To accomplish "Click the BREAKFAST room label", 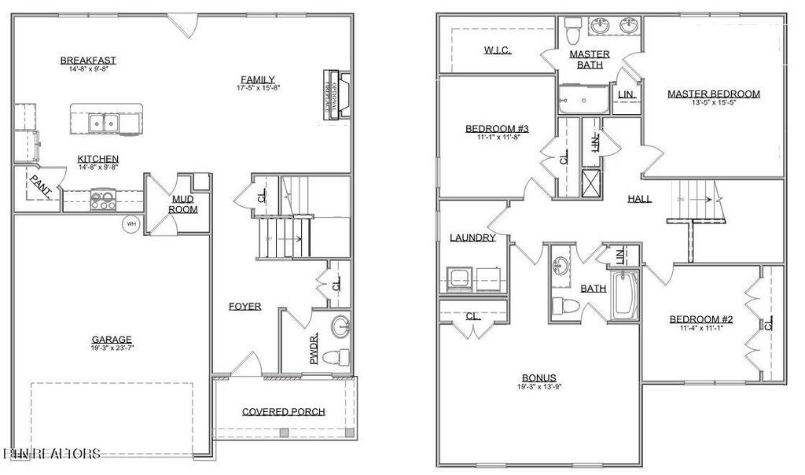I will point(88,60).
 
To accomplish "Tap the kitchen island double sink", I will point(104,123).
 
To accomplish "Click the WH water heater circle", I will point(130,224).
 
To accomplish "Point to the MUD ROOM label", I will point(183,204).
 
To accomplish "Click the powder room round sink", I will point(340,325).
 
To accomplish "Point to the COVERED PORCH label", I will point(283,411).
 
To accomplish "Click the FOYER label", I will point(245,306).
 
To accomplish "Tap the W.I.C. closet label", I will point(497,50).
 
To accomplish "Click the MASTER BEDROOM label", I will point(713,94).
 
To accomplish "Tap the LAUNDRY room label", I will point(472,237).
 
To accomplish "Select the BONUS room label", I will point(539,377).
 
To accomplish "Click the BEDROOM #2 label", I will point(700,319).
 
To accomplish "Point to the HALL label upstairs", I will point(639,199).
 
